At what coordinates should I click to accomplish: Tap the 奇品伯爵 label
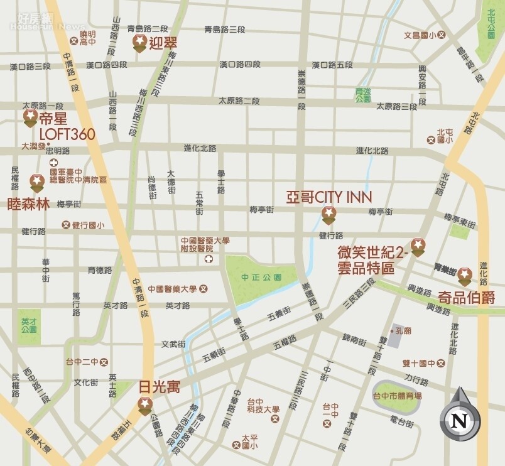tap(467, 296)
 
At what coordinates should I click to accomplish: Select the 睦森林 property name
tap(28, 205)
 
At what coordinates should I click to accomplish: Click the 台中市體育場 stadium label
tap(397, 396)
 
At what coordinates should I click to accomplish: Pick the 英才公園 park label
tap(30, 325)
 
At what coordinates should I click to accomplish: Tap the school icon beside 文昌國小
tap(441, 35)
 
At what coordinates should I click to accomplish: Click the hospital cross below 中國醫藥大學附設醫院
tap(209, 259)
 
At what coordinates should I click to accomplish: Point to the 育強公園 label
tap(363, 95)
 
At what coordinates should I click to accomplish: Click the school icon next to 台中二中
tap(104, 362)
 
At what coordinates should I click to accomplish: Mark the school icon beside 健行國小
tap(66, 225)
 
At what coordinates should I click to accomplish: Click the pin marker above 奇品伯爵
tap(464, 275)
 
